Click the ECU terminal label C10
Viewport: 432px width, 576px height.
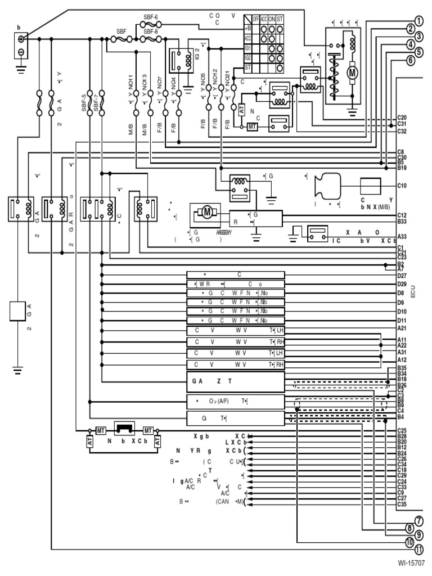(x=402, y=185)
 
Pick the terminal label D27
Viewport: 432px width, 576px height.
(x=402, y=276)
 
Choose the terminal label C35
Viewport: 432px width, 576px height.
(x=402, y=505)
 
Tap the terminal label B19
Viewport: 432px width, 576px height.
(x=402, y=168)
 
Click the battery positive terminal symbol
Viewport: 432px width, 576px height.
(x=20, y=39)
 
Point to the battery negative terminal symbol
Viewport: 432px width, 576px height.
(x=20, y=52)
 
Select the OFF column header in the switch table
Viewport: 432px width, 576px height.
(x=256, y=19)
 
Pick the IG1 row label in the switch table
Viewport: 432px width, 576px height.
(x=247, y=48)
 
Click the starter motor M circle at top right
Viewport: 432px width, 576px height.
(x=353, y=72)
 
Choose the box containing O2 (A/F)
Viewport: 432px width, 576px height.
(x=235, y=401)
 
